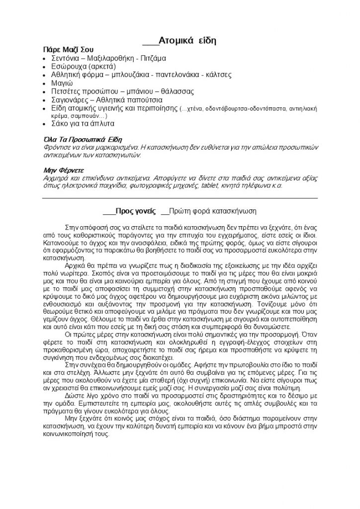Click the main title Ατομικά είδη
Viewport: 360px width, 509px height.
tap(187, 41)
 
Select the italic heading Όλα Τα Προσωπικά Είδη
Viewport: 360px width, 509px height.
tap(83, 140)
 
